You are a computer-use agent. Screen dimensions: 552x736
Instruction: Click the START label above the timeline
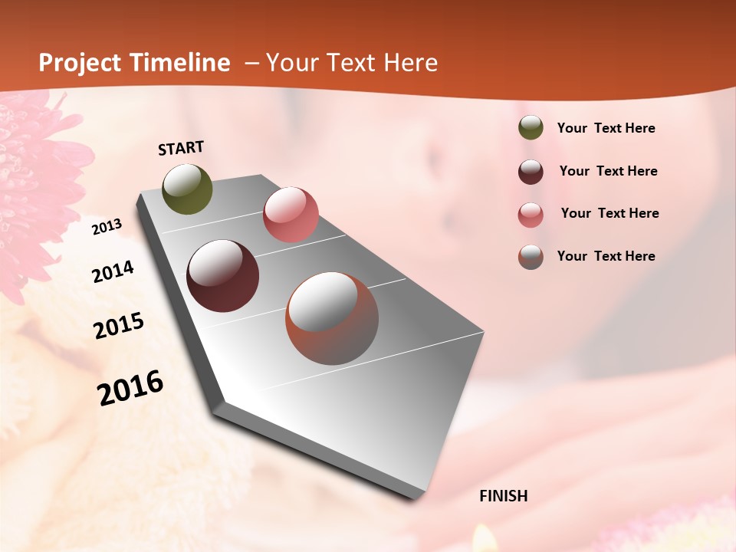[x=181, y=147]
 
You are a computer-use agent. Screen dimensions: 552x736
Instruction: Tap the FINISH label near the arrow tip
[x=503, y=496]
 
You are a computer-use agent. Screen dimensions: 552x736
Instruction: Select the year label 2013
[x=107, y=227]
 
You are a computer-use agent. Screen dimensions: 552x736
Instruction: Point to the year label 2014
[x=113, y=271]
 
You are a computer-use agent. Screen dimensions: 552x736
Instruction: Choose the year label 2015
[x=119, y=326]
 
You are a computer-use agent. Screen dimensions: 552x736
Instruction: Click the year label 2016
[x=130, y=387]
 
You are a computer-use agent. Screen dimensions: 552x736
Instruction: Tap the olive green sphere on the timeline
[x=187, y=189]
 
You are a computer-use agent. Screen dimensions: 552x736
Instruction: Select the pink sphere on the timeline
[x=291, y=214]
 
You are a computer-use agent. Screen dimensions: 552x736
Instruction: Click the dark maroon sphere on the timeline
[x=222, y=276]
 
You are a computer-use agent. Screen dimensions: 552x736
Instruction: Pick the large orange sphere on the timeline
[x=332, y=318]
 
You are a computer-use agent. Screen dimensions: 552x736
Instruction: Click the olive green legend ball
[x=531, y=128]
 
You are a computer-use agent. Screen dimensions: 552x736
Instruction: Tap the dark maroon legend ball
[x=531, y=172]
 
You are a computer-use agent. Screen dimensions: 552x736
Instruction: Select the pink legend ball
[x=531, y=214]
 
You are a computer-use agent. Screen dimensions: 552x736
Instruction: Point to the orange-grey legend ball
[x=531, y=257]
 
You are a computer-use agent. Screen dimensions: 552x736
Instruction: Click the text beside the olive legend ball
[x=606, y=128]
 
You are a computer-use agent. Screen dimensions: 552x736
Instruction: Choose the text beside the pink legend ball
[x=609, y=213]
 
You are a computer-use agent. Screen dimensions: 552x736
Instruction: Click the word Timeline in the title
[x=180, y=63]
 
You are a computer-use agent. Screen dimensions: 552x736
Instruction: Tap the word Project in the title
[x=80, y=63]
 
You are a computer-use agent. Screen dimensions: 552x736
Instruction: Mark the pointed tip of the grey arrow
[x=414, y=498]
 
